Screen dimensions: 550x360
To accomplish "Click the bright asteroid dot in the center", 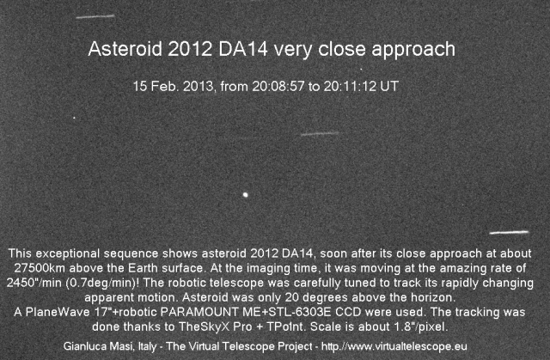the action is [246, 194].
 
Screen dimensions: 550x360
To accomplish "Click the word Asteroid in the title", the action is [125, 49].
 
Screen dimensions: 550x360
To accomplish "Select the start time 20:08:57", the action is [278, 86].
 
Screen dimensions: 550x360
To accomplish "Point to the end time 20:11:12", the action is [350, 86].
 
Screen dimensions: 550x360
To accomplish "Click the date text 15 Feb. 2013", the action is [174, 86].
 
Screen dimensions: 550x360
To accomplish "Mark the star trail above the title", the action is [95, 16].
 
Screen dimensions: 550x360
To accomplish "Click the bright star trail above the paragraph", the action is [509, 232].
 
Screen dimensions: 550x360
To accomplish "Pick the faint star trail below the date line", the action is [320, 133].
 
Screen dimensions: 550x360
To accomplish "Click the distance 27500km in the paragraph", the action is [40, 268].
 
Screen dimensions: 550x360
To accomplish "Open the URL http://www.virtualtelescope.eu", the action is [394, 346].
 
